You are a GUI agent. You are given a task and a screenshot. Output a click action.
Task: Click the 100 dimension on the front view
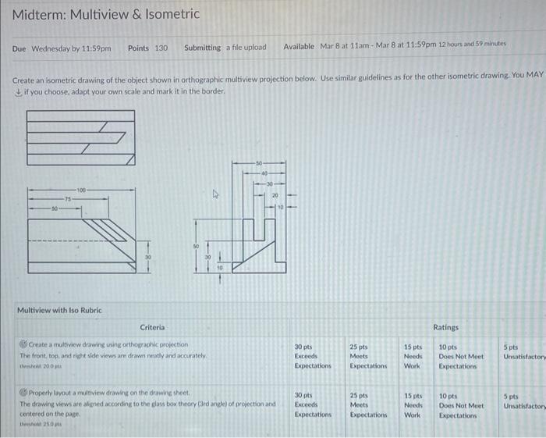81,190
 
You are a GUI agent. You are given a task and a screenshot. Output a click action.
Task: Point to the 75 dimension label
68,199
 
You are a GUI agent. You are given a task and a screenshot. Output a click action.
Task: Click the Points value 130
159,48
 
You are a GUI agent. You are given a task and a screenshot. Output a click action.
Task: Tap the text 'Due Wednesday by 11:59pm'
62,48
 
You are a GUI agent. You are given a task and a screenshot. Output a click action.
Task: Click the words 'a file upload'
246,48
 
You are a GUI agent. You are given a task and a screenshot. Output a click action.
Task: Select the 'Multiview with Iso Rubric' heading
59,310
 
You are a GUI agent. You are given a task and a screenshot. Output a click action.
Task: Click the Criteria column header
152,327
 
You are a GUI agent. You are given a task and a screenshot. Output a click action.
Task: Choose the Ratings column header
446,327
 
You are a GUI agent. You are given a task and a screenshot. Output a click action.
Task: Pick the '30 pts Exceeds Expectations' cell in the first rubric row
312,356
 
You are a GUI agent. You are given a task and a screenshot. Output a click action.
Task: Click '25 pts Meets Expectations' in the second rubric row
366,405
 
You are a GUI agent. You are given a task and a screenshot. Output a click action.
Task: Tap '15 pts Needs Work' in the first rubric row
413,356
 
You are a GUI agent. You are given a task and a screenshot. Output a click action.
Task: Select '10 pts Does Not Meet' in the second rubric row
461,405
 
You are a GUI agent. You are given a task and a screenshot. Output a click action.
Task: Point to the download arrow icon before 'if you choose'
18,91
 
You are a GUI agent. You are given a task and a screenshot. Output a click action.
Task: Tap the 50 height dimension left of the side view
196,245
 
